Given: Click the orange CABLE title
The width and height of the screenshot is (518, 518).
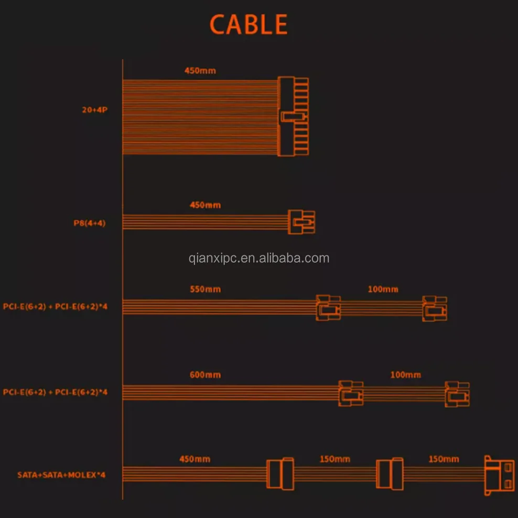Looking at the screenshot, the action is (x=249, y=25).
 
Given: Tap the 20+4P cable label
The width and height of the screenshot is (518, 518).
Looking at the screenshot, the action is (x=94, y=110).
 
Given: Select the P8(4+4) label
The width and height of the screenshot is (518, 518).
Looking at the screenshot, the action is (x=90, y=222).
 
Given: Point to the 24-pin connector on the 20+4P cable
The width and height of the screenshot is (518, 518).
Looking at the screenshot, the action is (x=293, y=116).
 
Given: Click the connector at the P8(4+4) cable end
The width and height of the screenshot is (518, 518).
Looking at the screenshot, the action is (x=301, y=222).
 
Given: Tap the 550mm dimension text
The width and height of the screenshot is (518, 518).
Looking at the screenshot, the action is (x=205, y=289).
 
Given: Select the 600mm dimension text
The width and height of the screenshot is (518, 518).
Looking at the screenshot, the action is (x=205, y=375).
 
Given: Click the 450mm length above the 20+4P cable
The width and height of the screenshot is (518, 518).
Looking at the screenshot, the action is (x=200, y=70).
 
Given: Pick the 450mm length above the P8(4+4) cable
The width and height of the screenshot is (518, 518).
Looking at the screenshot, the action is (x=205, y=205).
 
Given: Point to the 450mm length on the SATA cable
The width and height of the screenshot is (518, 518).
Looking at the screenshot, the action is (x=195, y=459).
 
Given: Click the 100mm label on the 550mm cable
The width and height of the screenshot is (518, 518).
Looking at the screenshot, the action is (x=383, y=289).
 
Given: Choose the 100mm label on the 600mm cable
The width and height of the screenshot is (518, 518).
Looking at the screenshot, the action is (x=405, y=375).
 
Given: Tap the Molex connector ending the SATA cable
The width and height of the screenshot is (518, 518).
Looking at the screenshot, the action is (x=499, y=475).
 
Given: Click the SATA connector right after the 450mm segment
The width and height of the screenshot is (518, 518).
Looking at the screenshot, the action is (x=281, y=474).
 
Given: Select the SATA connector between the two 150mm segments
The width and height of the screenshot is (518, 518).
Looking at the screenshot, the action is (x=390, y=474).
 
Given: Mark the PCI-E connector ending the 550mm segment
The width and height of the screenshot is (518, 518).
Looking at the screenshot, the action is (x=328, y=308).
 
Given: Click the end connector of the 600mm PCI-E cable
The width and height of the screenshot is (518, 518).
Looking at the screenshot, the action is (x=457, y=394).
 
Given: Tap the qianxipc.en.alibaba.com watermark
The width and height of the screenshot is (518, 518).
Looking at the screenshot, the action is (x=259, y=258).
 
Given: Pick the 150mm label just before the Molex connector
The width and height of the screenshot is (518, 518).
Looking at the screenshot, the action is (x=444, y=459).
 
